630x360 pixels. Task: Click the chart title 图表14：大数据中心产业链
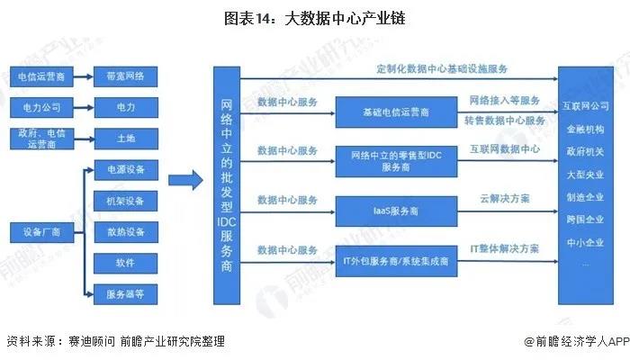[314, 17]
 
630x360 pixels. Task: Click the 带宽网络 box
[125, 77]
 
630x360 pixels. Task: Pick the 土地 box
[125, 138]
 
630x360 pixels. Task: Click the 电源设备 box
[125, 169]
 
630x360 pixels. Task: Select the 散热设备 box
[125, 231]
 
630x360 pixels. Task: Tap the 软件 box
[125, 262]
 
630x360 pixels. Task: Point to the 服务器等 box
[125, 292]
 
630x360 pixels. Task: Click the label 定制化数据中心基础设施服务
[443, 69]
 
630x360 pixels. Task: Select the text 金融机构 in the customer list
[587, 128]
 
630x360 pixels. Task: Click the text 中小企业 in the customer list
[587, 240]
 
